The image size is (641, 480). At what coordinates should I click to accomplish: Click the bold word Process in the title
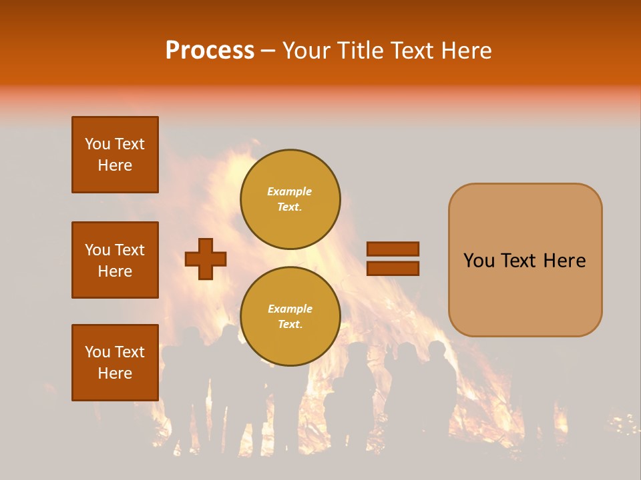(x=210, y=51)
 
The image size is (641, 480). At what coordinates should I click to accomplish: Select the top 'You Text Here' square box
(x=115, y=155)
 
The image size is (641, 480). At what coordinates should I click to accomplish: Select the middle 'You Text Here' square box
(x=115, y=260)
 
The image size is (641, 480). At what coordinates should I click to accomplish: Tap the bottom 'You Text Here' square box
(x=115, y=363)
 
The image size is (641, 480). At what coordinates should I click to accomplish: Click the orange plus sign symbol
(x=206, y=259)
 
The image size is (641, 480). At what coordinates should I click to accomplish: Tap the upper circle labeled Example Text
(x=290, y=199)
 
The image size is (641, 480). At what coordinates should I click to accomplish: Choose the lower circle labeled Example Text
(x=290, y=317)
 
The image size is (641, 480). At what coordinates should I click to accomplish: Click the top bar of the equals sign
(x=393, y=249)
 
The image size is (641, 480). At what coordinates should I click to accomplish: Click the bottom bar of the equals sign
(x=393, y=269)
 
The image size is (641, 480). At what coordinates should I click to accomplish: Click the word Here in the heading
(x=467, y=51)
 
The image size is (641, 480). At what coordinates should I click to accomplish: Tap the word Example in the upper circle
(x=290, y=191)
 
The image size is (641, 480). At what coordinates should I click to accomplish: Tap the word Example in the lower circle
(x=290, y=309)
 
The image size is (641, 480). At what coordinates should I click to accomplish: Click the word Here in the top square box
(x=115, y=165)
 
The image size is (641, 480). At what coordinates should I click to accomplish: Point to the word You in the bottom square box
(x=97, y=352)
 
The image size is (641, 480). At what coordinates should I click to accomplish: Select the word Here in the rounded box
(x=564, y=261)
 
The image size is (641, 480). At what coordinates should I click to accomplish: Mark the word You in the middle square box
(x=97, y=250)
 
